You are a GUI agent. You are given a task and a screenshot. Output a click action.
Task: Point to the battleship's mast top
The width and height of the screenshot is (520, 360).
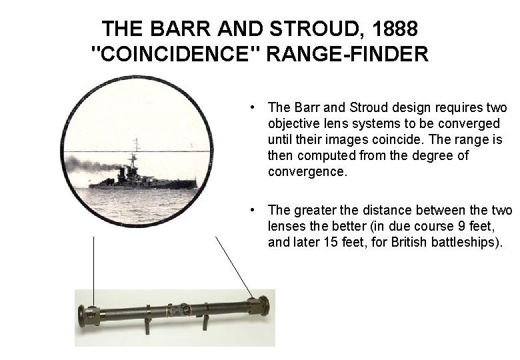point(136,141)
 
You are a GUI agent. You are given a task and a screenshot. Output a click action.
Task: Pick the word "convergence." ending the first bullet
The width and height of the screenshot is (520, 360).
point(307,171)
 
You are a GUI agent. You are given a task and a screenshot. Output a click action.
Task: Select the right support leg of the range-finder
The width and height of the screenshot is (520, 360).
point(206,323)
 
